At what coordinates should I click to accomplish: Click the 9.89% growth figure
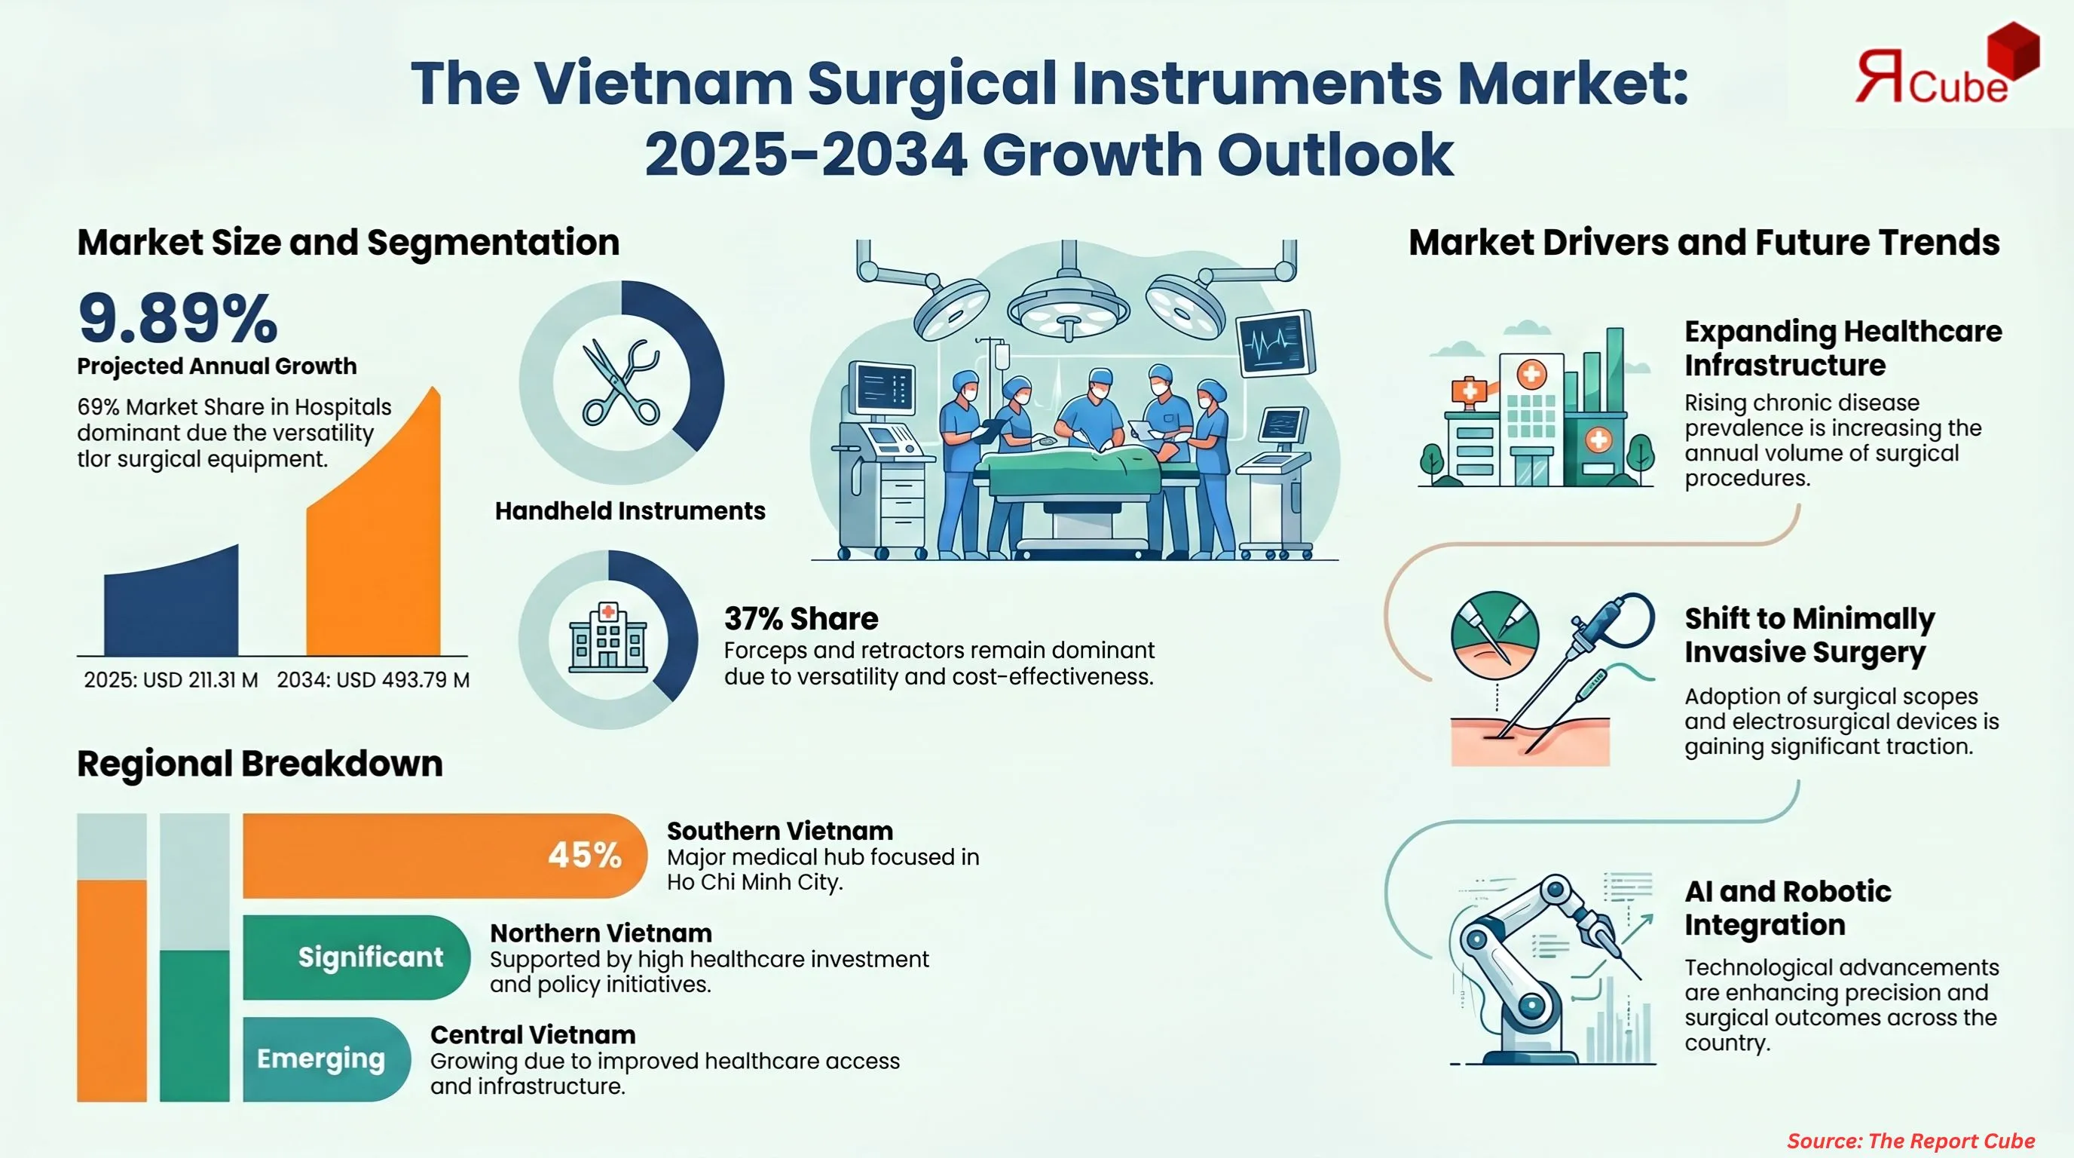178,318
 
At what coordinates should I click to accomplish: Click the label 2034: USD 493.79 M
373,681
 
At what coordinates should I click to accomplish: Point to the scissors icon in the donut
621,382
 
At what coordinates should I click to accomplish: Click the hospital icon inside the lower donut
608,638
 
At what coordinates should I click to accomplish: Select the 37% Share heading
801,618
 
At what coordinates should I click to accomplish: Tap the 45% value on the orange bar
585,855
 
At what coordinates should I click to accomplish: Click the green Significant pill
356,957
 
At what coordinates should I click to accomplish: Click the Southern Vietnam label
779,830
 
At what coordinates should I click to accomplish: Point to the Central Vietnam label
532,1034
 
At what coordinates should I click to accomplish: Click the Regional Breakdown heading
259,764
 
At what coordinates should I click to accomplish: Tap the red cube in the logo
2013,50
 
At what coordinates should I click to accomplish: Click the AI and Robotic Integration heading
1788,908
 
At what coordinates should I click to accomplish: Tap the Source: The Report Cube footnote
1910,1141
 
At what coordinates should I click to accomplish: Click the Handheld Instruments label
629,510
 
